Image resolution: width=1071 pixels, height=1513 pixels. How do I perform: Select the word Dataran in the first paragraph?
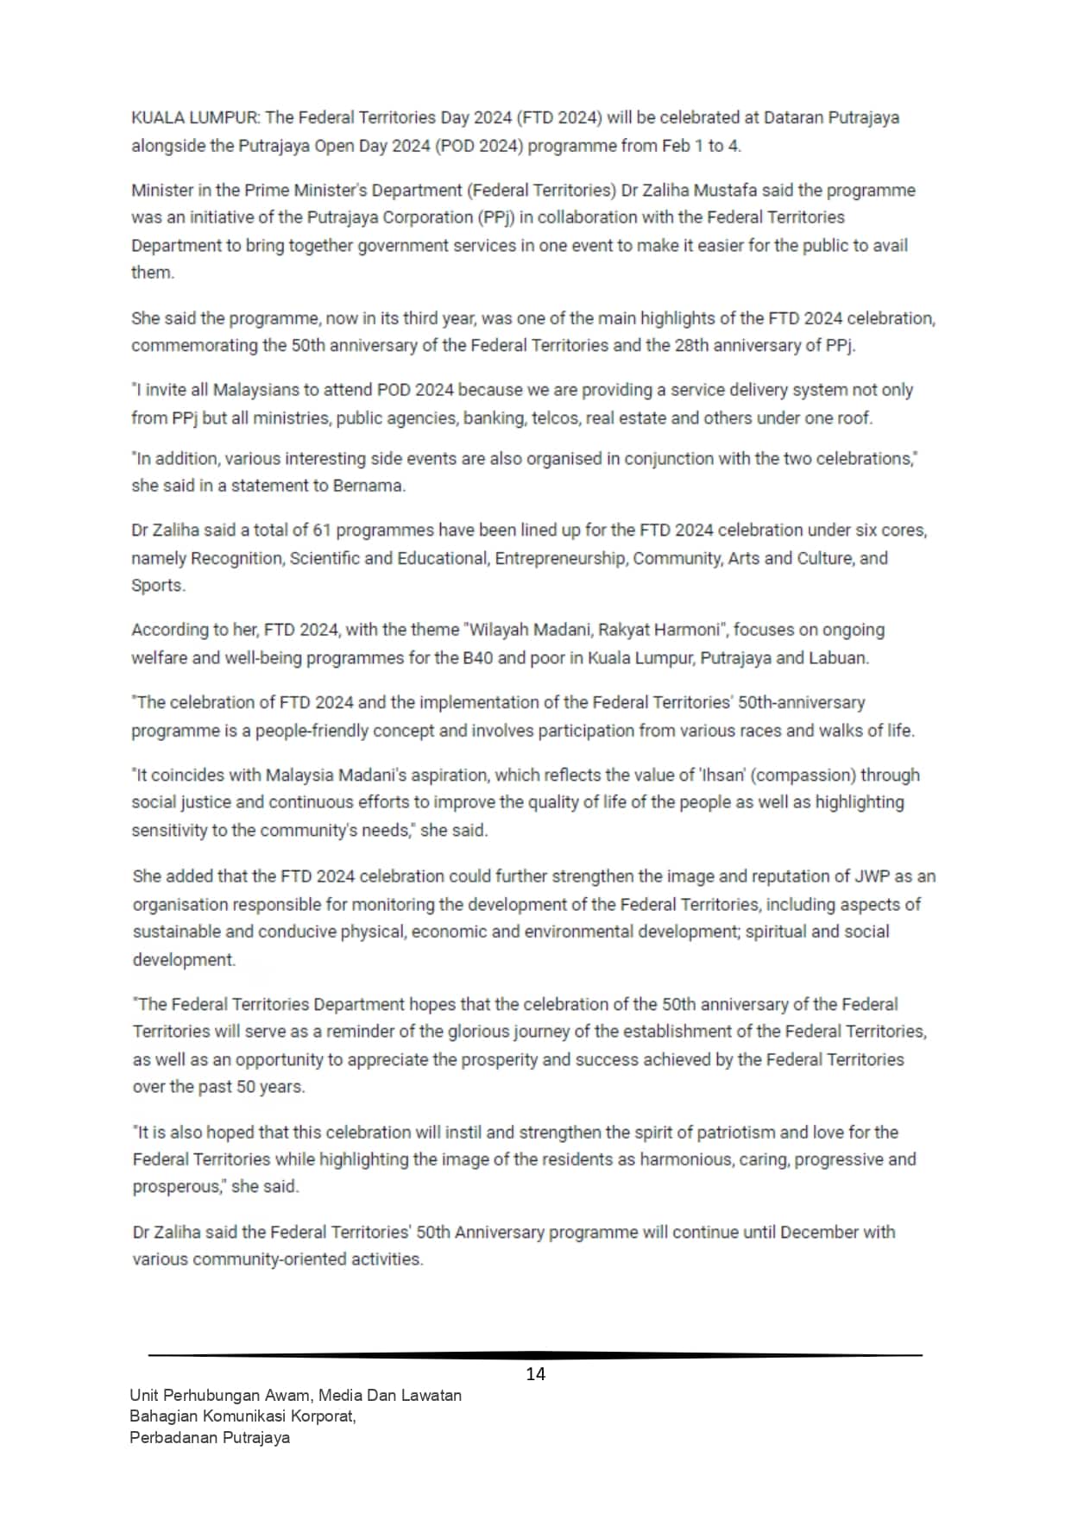coord(794,117)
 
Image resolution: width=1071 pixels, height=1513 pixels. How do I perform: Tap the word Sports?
coord(158,586)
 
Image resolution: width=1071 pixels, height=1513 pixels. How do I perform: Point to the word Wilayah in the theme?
coord(499,630)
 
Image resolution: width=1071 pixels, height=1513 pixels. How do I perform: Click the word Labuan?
coord(838,658)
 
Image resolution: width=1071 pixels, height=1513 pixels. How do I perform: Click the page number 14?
coord(535,1374)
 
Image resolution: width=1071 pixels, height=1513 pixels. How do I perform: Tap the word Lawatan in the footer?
coord(429,1395)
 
